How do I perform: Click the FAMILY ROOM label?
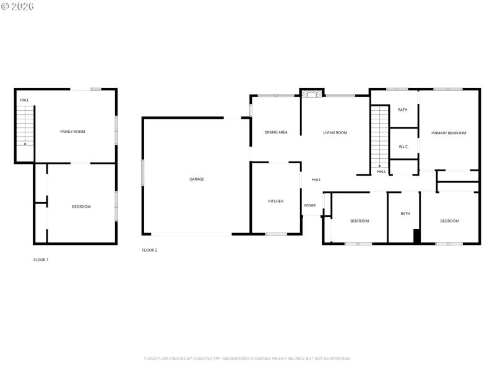click(72, 132)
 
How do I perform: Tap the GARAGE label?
click(197, 179)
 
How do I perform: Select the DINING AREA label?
click(276, 132)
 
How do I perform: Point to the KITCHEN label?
click(276, 202)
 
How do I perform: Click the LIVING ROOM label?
click(335, 132)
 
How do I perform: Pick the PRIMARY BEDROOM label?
click(449, 133)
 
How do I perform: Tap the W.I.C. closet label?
click(404, 147)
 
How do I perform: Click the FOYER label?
click(310, 205)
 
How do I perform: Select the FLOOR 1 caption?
click(41, 260)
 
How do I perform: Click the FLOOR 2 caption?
click(150, 250)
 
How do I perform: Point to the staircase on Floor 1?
click(25, 126)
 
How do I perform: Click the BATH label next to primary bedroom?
click(403, 110)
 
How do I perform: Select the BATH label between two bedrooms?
click(405, 214)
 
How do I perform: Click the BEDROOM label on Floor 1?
click(81, 207)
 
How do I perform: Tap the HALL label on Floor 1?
click(25, 100)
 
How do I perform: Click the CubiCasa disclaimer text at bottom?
click(247, 358)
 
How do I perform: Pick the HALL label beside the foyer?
click(316, 180)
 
